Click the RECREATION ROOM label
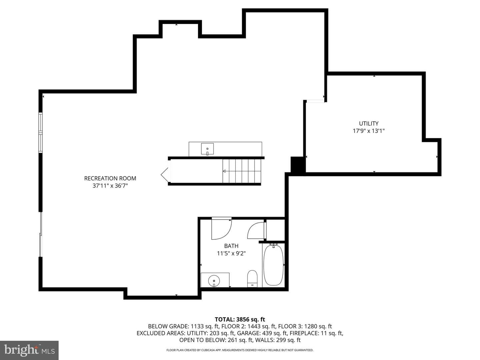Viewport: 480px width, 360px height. (x=110, y=178)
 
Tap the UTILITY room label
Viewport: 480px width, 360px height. (x=368, y=123)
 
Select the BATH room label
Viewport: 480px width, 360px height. (x=231, y=246)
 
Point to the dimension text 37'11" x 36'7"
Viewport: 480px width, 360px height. (x=110, y=186)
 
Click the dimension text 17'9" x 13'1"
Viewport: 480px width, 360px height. (x=368, y=131)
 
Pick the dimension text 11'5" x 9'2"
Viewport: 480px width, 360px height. (x=231, y=253)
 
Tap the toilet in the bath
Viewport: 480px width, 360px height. (x=252, y=278)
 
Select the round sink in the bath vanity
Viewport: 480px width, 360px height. (x=214, y=280)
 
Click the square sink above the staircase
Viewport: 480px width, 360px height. (x=207, y=149)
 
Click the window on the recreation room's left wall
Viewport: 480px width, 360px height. (x=41, y=133)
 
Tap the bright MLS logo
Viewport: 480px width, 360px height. (x=29, y=350)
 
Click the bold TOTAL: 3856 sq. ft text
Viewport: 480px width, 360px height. (x=240, y=319)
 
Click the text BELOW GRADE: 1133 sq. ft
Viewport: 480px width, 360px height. (x=184, y=326)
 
